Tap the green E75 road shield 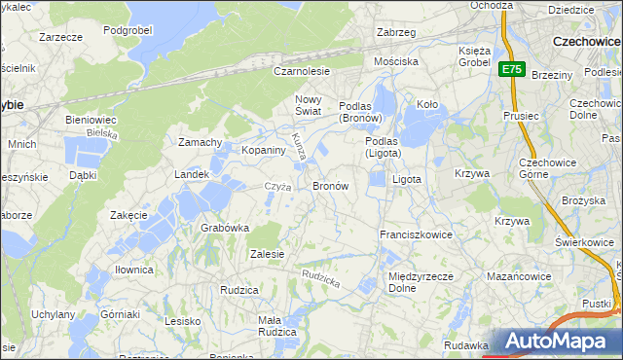(512, 69)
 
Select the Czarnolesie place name (302, 71)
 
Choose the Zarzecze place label (60, 37)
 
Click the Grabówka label (225, 228)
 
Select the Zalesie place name (266, 254)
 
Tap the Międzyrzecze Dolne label (417, 282)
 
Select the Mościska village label (396, 60)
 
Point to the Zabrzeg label (396, 32)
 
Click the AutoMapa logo (556, 342)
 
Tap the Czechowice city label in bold (586, 42)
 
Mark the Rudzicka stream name (320, 278)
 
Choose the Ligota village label (406, 180)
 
